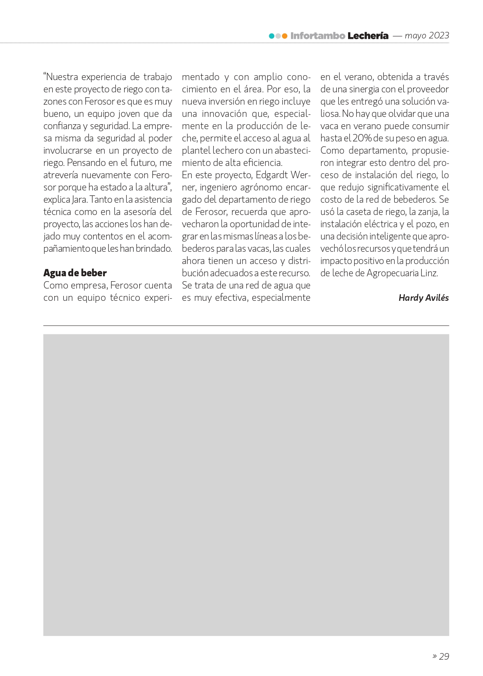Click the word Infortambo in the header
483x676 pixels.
[x=318, y=36]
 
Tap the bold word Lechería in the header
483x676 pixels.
[x=368, y=36]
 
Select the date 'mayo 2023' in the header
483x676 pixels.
[x=427, y=36]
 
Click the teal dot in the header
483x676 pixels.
[x=272, y=36]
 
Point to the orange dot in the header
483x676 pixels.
[x=285, y=36]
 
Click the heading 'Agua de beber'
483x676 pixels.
[x=75, y=273]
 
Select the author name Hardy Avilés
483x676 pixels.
[x=423, y=298]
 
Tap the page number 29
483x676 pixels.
[x=444, y=656]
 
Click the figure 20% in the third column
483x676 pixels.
[x=362, y=139]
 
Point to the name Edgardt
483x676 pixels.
[x=273, y=175]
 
